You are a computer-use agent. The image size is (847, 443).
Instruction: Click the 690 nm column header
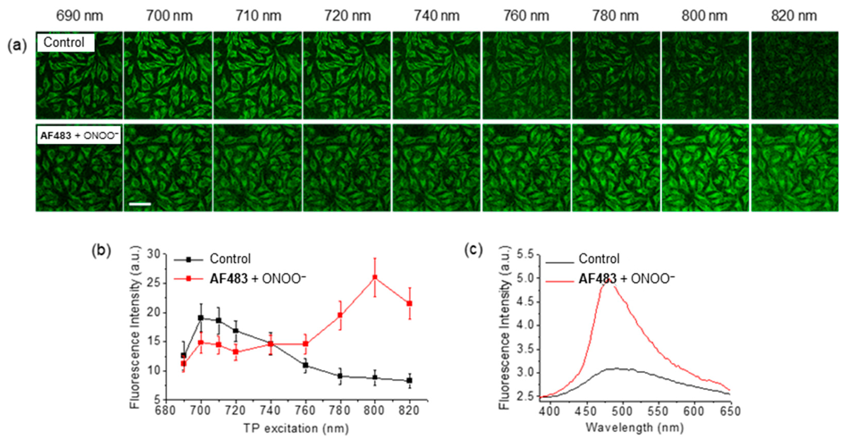(x=79, y=16)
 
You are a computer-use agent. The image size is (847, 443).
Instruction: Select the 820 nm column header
(x=794, y=16)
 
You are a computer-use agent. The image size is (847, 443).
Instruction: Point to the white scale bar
(x=140, y=204)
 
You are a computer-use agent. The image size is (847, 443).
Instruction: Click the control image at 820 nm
(x=794, y=75)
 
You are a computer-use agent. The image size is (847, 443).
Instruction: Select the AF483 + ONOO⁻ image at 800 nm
(x=705, y=168)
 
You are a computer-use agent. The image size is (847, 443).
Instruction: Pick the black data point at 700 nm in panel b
(x=201, y=318)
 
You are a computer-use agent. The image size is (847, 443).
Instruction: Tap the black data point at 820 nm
(x=409, y=380)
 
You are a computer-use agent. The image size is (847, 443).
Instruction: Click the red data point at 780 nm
(x=340, y=315)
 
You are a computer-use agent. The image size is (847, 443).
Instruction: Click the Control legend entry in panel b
(x=230, y=259)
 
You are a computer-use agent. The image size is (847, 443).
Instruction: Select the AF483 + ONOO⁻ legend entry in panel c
(x=626, y=279)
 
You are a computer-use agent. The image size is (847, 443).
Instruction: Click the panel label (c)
(x=474, y=250)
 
